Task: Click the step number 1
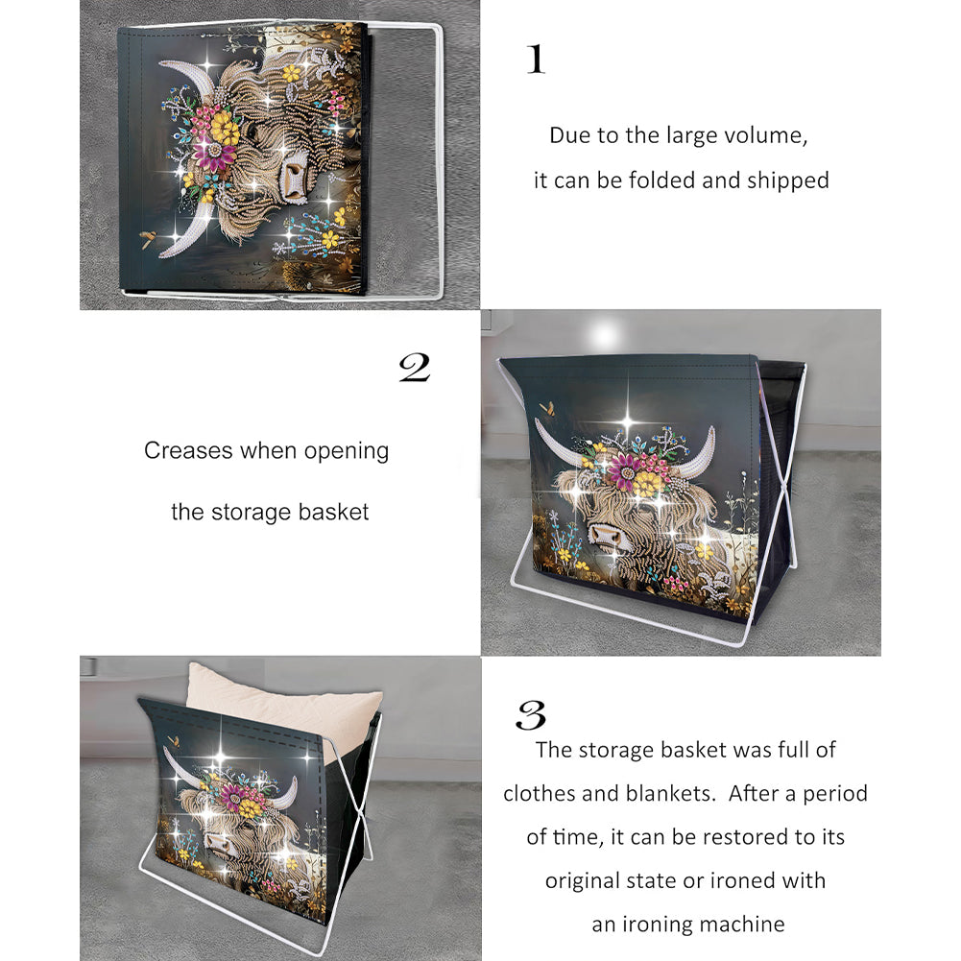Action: tap(537, 59)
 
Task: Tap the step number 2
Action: tap(415, 368)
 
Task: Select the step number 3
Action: tap(531, 714)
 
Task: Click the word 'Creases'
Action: tap(189, 450)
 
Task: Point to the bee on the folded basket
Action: tap(148, 238)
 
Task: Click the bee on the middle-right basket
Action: tap(548, 408)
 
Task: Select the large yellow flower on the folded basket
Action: tap(225, 130)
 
